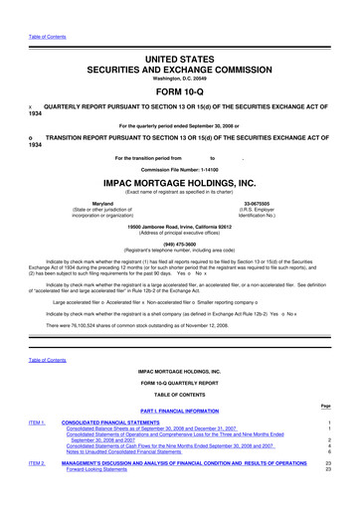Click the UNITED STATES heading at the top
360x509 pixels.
point(179,33)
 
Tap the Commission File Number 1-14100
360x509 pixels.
point(179,168)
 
